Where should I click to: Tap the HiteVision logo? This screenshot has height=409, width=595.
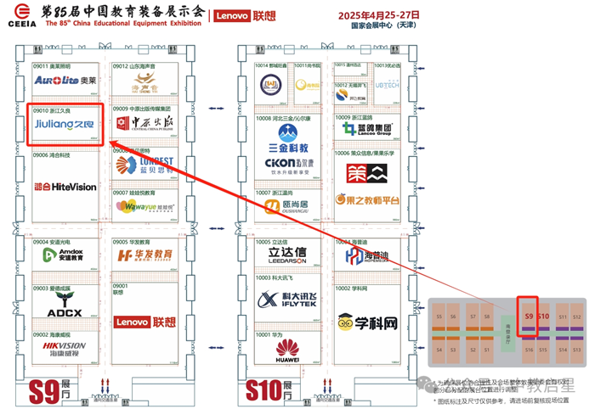pyautogui.click(x=65, y=186)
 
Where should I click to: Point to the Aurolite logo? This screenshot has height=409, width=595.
pyautogui.click(x=65, y=80)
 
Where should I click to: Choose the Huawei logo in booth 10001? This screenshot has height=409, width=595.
pyautogui.click(x=286, y=349)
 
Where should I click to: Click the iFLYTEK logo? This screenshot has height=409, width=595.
pyautogui.click(x=287, y=299)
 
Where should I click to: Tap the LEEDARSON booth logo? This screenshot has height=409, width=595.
pyautogui.click(x=286, y=255)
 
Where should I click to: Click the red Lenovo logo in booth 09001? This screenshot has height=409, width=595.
pyautogui.click(x=144, y=322)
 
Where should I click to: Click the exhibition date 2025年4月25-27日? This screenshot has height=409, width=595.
pyautogui.click(x=379, y=15)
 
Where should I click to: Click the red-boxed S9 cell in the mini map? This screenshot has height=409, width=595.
pyautogui.click(x=528, y=316)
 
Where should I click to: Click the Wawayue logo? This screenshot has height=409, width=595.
pyautogui.click(x=143, y=207)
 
